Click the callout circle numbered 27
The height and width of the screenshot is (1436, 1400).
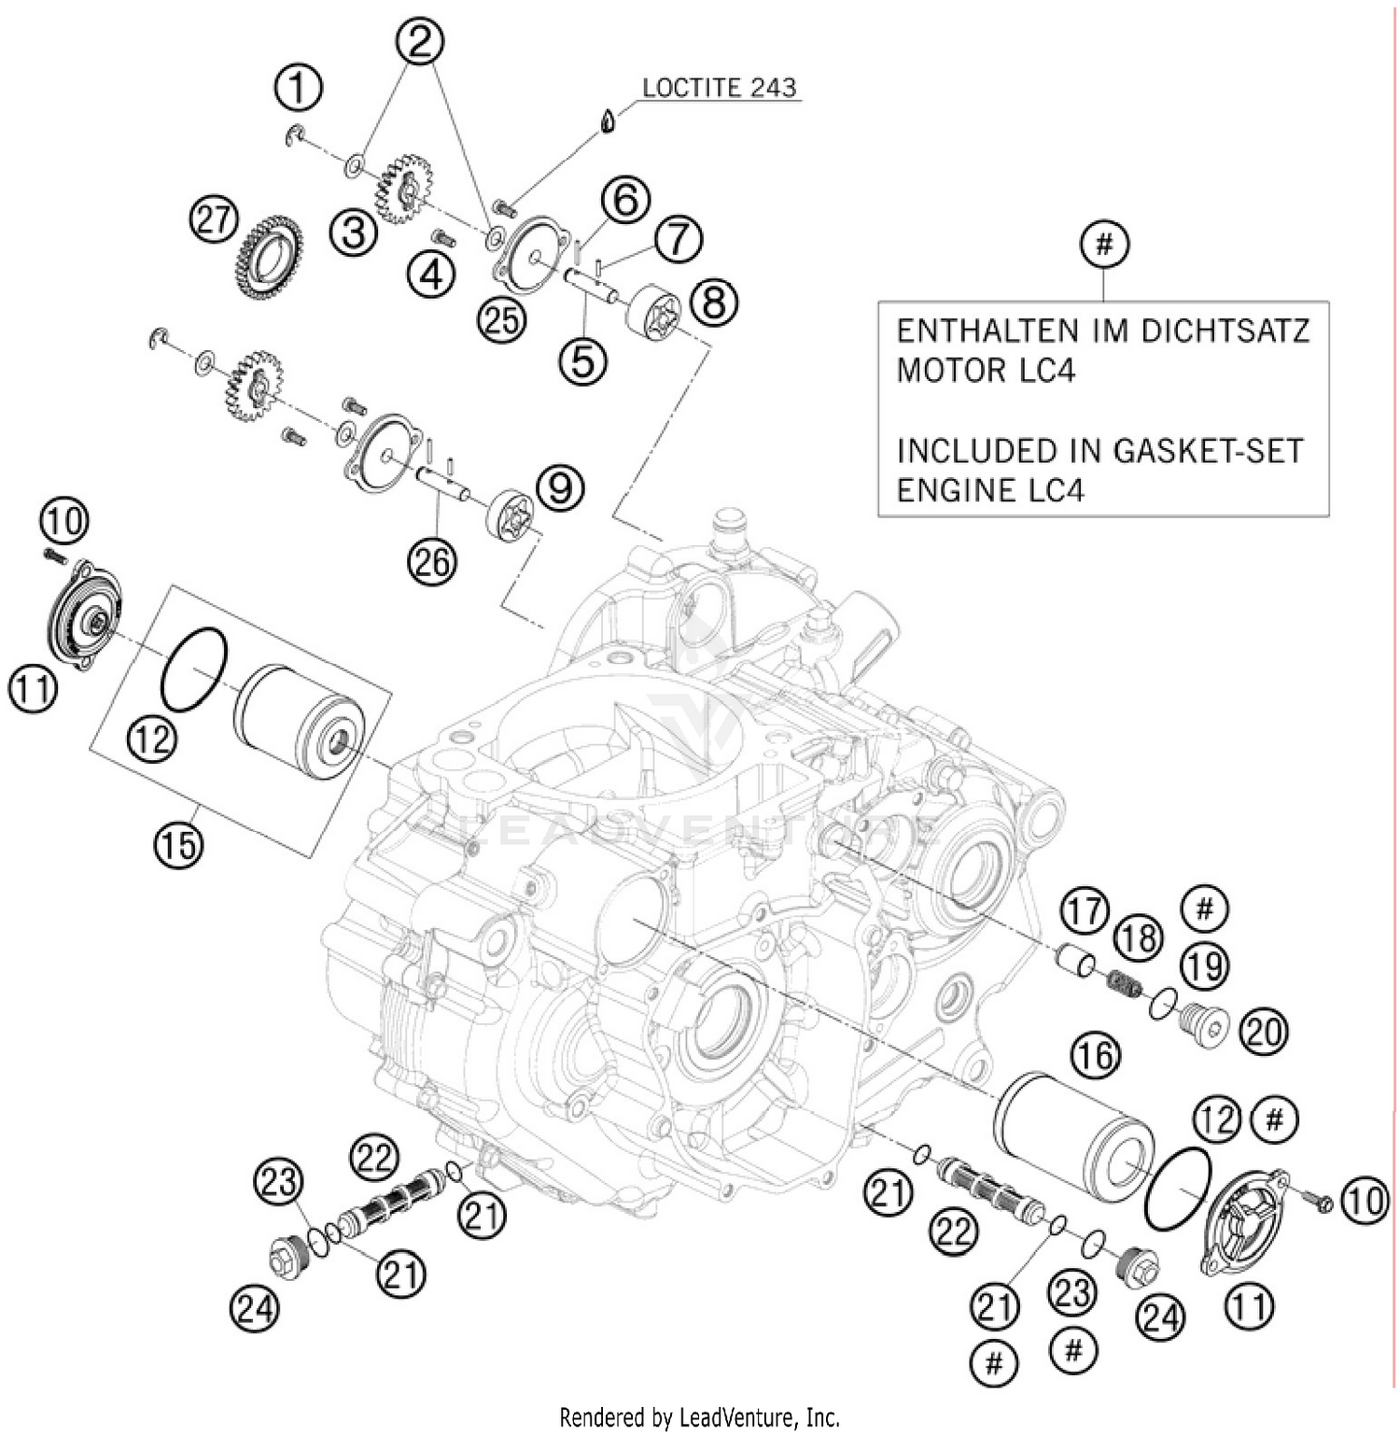pyautogui.click(x=215, y=221)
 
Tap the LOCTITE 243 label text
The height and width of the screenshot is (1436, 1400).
pyautogui.click(x=719, y=88)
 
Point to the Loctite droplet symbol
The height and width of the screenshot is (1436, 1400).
pyautogui.click(x=609, y=120)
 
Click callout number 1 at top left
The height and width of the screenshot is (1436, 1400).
pyautogui.click(x=298, y=89)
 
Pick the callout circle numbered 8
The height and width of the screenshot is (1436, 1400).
pyautogui.click(x=714, y=302)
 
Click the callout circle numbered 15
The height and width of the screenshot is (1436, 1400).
pyautogui.click(x=179, y=843)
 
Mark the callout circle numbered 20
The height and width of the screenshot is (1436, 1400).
pyautogui.click(x=1263, y=1031)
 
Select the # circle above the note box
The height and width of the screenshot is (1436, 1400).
pyautogui.click(x=1104, y=245)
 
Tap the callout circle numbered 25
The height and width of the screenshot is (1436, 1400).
pyautogui.click(x=502, y=319)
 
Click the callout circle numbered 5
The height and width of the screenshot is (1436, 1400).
pyautogui.click(x=583, y=360)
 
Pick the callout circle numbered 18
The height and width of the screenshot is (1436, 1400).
pyautogui.click(x=1138, y=937)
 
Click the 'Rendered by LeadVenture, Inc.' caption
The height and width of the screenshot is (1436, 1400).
pyautogui.click(x=699, y=1417)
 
